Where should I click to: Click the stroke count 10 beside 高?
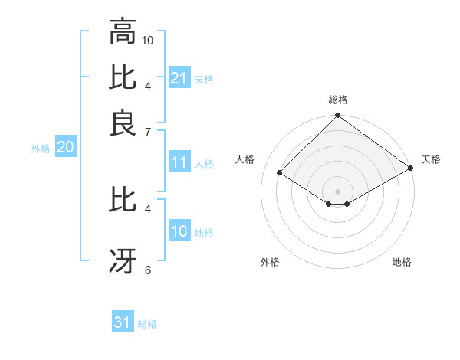click(x=148, y=39)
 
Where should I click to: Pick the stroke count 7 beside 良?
click(x=148, y=133)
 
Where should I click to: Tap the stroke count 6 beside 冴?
click(x=148, y=270)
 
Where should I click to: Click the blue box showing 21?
click(x=179, y=78)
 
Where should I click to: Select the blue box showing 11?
click(x=179, y=163)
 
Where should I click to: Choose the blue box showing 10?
click(x=179, y=232)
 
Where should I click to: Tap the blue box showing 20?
click(x=65, y=148)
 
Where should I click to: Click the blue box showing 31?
click(x=123, y=323)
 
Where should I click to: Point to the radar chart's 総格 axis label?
click(x=338, y=100)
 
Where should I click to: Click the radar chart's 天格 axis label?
click(x=432, y=159)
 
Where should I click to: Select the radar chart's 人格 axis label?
click(x=245, y=159)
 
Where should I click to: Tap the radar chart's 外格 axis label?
click(x=270, y=262)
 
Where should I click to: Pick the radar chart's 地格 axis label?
click(x=402, y=262)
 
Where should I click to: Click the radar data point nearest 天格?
click(x=412, y=169)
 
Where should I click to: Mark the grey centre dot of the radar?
click(x=338, y=191)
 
